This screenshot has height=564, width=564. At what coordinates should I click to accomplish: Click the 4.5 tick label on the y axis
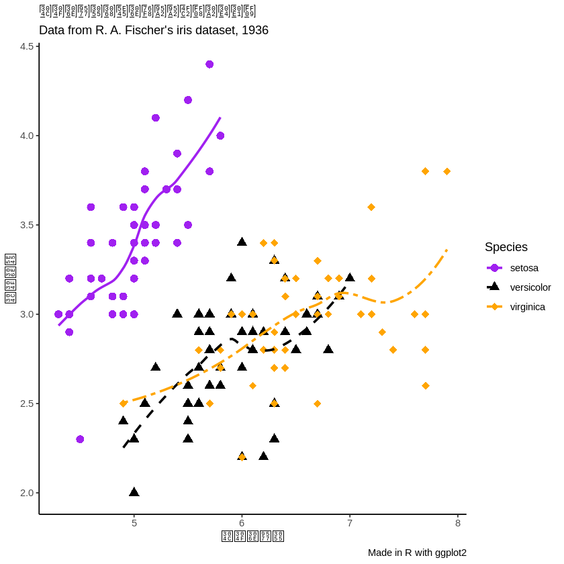coord(27,46)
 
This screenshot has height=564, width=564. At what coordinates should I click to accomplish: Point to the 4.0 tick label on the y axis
coord(27,136)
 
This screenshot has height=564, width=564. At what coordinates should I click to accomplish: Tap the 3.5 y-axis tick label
coord(27,225)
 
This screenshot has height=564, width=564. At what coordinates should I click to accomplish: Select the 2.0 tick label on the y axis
coord(27,493)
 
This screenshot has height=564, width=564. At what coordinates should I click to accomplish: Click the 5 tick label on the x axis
coord(134,524)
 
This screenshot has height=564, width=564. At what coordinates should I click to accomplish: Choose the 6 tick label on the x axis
coord(242,524)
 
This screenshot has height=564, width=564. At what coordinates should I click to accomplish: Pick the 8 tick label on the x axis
coord(458,524)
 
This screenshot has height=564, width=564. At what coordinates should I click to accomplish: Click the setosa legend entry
coord(524,268)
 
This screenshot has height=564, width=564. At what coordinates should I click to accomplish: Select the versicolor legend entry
coord(530,287)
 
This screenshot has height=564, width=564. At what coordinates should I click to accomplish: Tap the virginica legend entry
coord(527,307)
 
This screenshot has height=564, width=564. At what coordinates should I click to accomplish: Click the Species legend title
coord(506,247)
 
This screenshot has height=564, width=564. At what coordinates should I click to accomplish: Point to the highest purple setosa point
coord(209,64)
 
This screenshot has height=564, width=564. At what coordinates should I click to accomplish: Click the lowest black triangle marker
coord(134,492)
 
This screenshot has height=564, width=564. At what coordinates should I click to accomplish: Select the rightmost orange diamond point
coord(447,171)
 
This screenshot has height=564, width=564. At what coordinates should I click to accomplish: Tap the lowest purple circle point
coord(80,439)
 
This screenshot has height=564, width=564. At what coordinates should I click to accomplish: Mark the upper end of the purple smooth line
coord(220,117)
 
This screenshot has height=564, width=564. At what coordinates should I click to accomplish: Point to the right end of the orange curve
coord(447,250)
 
